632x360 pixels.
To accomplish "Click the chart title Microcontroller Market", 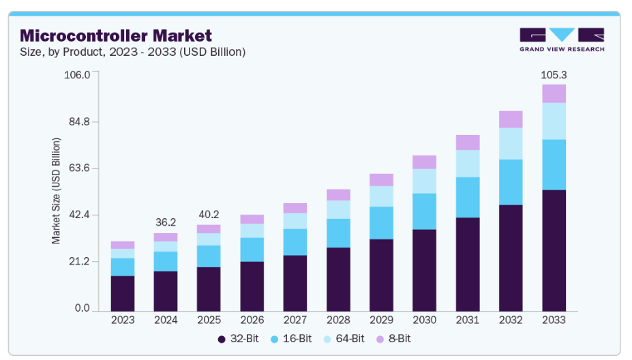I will [116, 35].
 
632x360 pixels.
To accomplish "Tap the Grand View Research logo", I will [561, 40].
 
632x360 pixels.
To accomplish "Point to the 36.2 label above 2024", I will [166, 222].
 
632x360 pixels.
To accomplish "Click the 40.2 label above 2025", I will [209, 213].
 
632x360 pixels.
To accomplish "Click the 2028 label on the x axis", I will [338, 320].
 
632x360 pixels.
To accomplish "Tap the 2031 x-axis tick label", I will [468, 320].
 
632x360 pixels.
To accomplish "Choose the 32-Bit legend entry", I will [238, 338].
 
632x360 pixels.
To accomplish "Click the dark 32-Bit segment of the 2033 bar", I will [554, 249].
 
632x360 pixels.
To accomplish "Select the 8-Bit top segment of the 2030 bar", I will [424, 162].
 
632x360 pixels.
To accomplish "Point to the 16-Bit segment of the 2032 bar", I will [511, 182].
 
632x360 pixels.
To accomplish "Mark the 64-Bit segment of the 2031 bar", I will [468, 163].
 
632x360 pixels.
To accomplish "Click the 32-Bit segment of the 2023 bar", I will [123, 292].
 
